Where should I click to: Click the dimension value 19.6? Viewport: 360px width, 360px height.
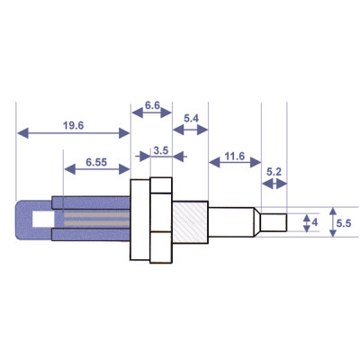(x=74, y=126)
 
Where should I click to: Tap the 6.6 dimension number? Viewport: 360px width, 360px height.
(x=152, y=105)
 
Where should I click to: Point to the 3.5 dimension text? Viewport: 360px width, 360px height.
(x=162, y=149)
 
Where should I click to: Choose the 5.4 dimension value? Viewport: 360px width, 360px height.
(x=191, y=119)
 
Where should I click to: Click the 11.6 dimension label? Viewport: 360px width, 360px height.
(x=234, y=156)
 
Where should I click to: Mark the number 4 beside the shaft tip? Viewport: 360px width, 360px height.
(x=314, y=220)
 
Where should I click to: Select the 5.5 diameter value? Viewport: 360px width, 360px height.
(x=343, y=220)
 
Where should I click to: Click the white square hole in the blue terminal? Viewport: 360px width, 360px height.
(x=41, y=219)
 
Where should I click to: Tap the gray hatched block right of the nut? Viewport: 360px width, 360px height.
(x=190, y=220)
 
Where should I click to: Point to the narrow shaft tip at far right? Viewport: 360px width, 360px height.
(x=274, y=220)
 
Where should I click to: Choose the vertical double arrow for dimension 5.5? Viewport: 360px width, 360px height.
(x=329, y=220)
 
